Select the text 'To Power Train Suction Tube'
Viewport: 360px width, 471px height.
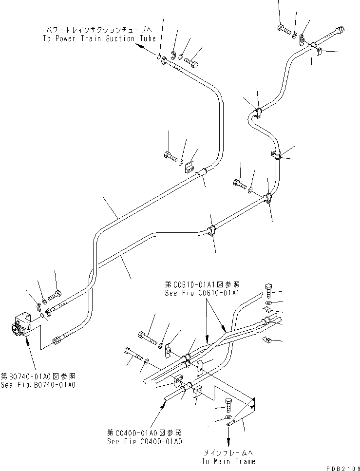99,38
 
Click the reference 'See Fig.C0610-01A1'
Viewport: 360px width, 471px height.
203,293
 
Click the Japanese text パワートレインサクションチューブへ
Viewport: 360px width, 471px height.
99,30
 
